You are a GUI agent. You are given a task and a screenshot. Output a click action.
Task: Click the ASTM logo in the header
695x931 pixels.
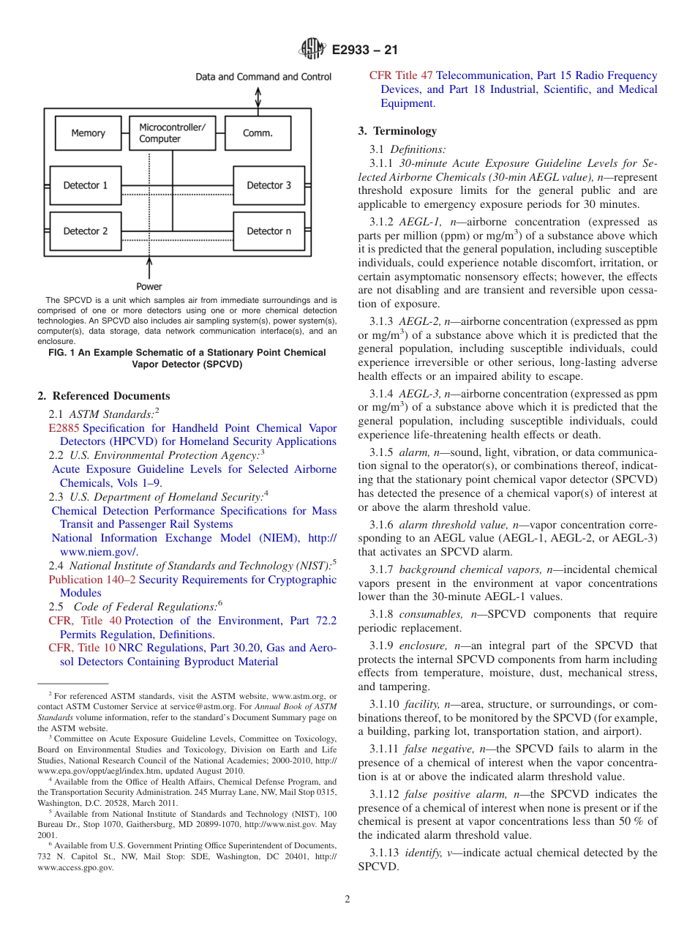point(313,51)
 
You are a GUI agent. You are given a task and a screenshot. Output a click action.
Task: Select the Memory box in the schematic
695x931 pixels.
point(88,133)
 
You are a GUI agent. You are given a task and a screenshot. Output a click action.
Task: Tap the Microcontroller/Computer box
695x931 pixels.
point(173,133)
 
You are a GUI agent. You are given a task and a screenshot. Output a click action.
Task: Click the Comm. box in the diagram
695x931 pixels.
point(258,133)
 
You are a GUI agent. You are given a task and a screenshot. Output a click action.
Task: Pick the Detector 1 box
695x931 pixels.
point(85,185)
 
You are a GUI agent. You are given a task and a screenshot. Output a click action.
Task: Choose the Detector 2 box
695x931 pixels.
point(85,231)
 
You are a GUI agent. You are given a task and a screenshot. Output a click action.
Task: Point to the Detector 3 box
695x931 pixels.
point(268,185)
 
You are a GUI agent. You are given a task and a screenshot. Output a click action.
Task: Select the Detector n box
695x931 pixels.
point(268,231)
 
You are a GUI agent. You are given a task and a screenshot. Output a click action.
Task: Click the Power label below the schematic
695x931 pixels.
point(149,286)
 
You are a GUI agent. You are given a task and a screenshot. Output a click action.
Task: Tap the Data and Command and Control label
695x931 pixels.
point(263,77)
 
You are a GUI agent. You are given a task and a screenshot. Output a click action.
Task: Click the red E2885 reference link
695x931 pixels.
point(64,428)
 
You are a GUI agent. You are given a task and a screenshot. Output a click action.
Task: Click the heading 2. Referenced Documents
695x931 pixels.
point(103,396)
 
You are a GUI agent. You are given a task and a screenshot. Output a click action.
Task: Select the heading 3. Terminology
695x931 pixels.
point(397,131)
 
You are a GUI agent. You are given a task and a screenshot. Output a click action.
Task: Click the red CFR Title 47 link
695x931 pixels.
point(401,75)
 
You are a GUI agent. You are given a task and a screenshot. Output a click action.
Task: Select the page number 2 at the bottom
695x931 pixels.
point(347,900)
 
